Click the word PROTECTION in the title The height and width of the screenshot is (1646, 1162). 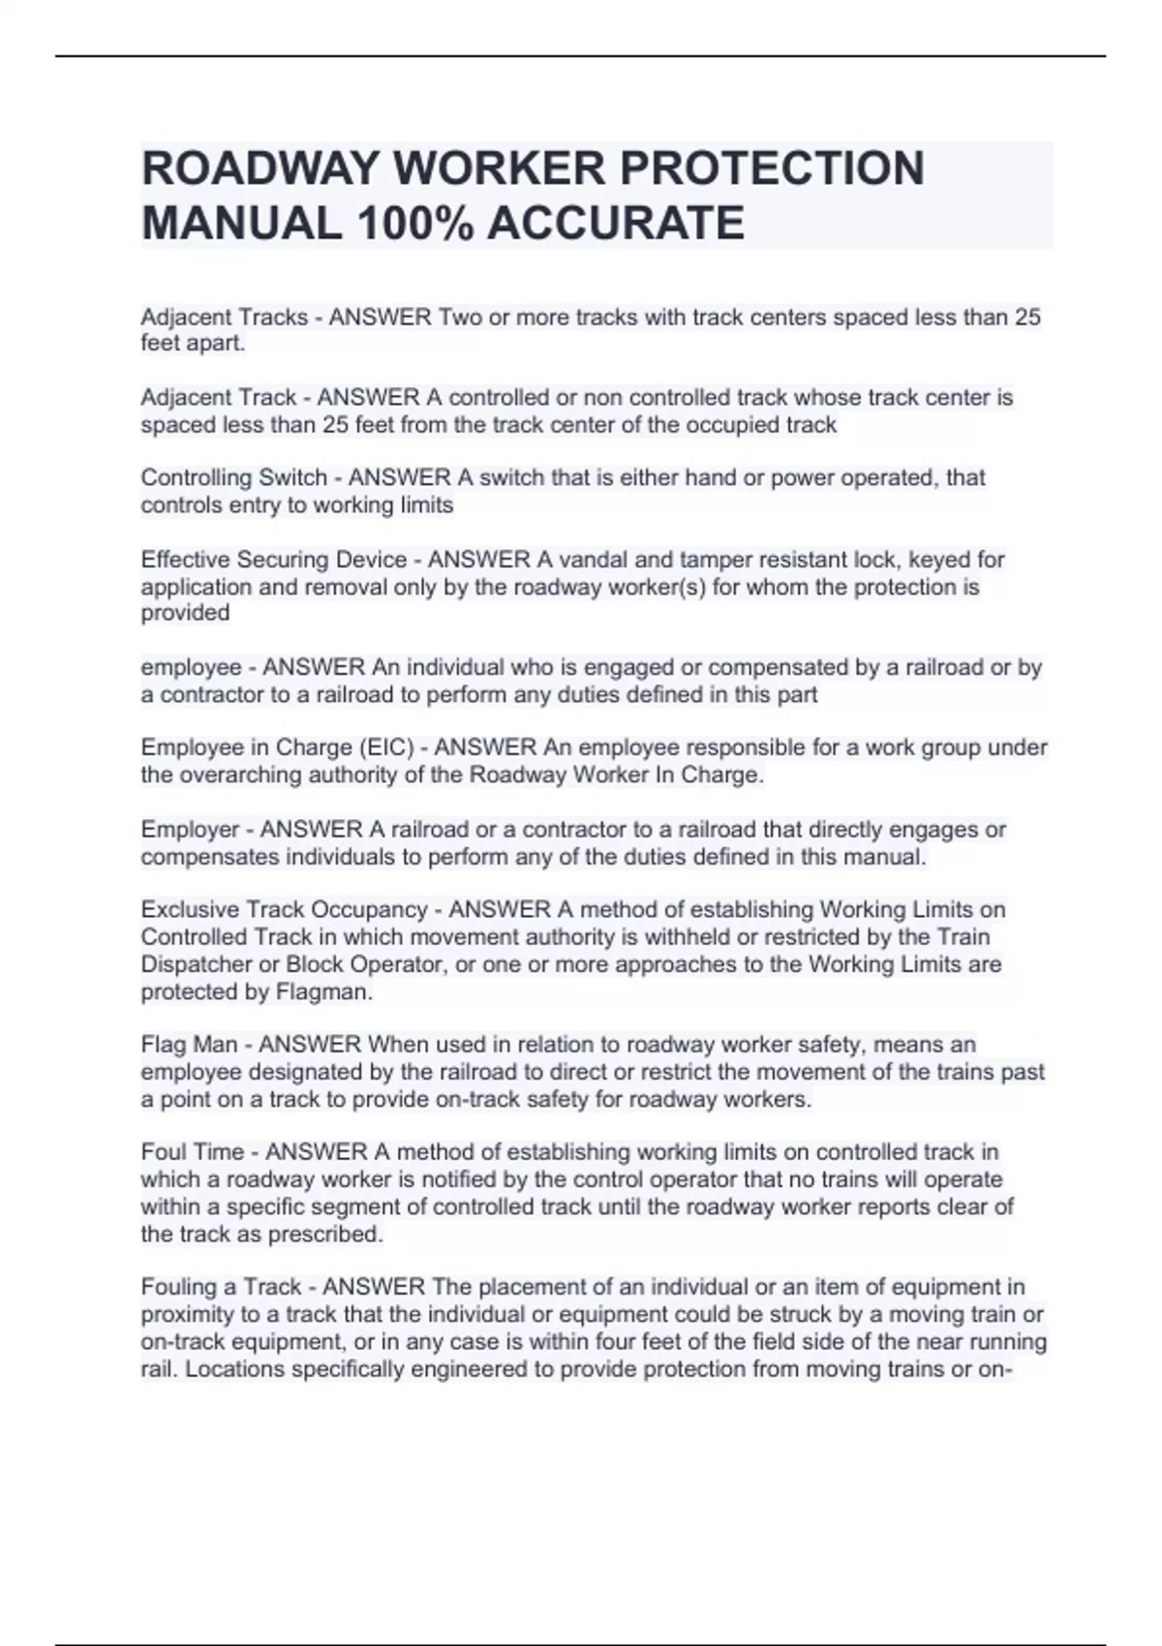772,168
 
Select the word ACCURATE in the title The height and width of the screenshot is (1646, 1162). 616,224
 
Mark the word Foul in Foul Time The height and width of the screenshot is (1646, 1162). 163,1152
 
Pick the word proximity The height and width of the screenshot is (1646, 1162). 188,1315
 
